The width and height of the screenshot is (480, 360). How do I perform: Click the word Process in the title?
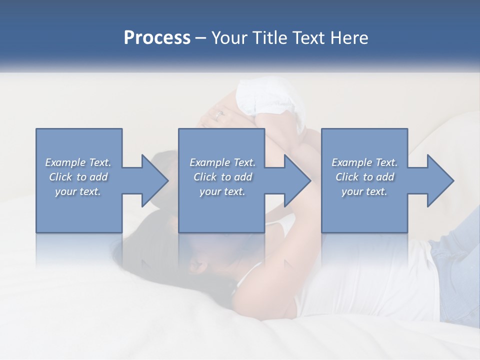click(x=157, y=38)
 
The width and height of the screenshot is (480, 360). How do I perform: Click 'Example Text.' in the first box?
click(x=78, y=162)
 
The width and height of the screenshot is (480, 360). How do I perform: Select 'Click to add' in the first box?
click(x=78, y=177)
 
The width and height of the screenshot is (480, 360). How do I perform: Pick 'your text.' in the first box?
click(x=78, y=191)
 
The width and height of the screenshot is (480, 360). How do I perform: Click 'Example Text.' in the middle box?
click(x=222, y=162)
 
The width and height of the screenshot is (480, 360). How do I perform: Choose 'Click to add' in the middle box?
click(x=222, y=177)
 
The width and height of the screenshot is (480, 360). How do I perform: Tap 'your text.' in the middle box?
click(x=222, y=191)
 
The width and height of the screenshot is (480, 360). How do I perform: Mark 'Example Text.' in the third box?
click(x=364, y=162)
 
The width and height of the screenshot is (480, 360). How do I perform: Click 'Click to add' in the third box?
click(x=364, y=177)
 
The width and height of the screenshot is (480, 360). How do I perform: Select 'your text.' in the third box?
click(x=364, y=191)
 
